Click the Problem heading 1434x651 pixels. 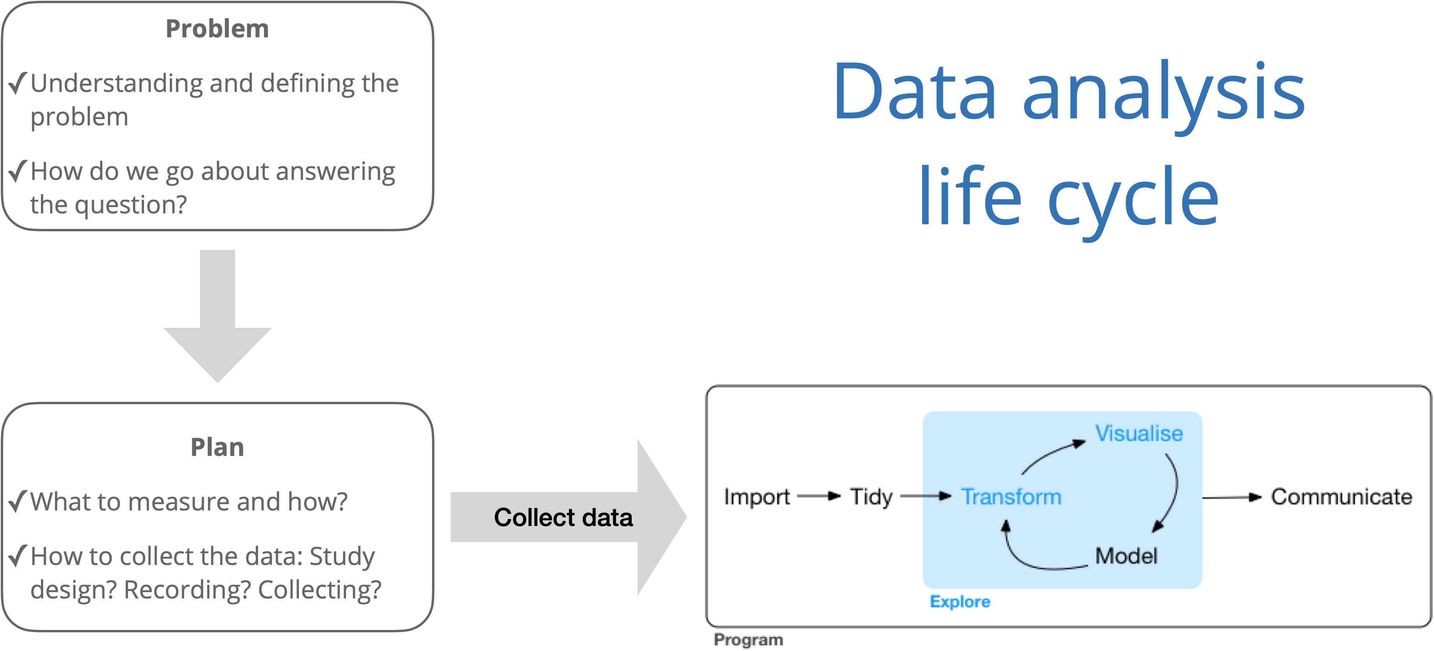[x=217, y=29]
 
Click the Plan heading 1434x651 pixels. [x=217, y=447]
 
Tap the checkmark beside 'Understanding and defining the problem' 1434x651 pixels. [x=18, y=84]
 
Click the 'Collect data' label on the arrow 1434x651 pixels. [x=563, y=517]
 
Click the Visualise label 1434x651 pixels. [x=1139, y=433]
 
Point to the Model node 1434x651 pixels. [x=1126, y=556]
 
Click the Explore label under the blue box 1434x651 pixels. [x=960, y=602]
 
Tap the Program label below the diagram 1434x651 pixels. [x=748, y=640]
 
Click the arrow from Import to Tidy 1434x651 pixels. [x=818, y=496]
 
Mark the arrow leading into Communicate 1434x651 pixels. [x=1231, y=497]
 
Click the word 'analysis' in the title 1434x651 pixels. [x=1163, y=92]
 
